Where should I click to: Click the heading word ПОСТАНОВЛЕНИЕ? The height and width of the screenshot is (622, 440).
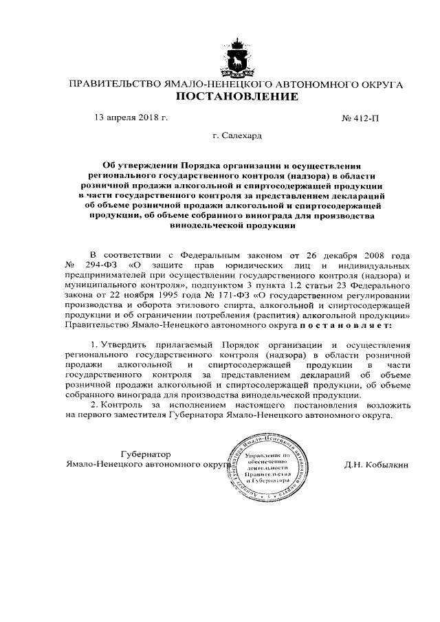238,97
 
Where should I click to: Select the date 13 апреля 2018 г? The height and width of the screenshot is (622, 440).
131,118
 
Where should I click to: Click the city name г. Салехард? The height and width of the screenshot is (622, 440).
237,136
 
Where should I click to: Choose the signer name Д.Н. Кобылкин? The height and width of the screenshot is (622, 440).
376,465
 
